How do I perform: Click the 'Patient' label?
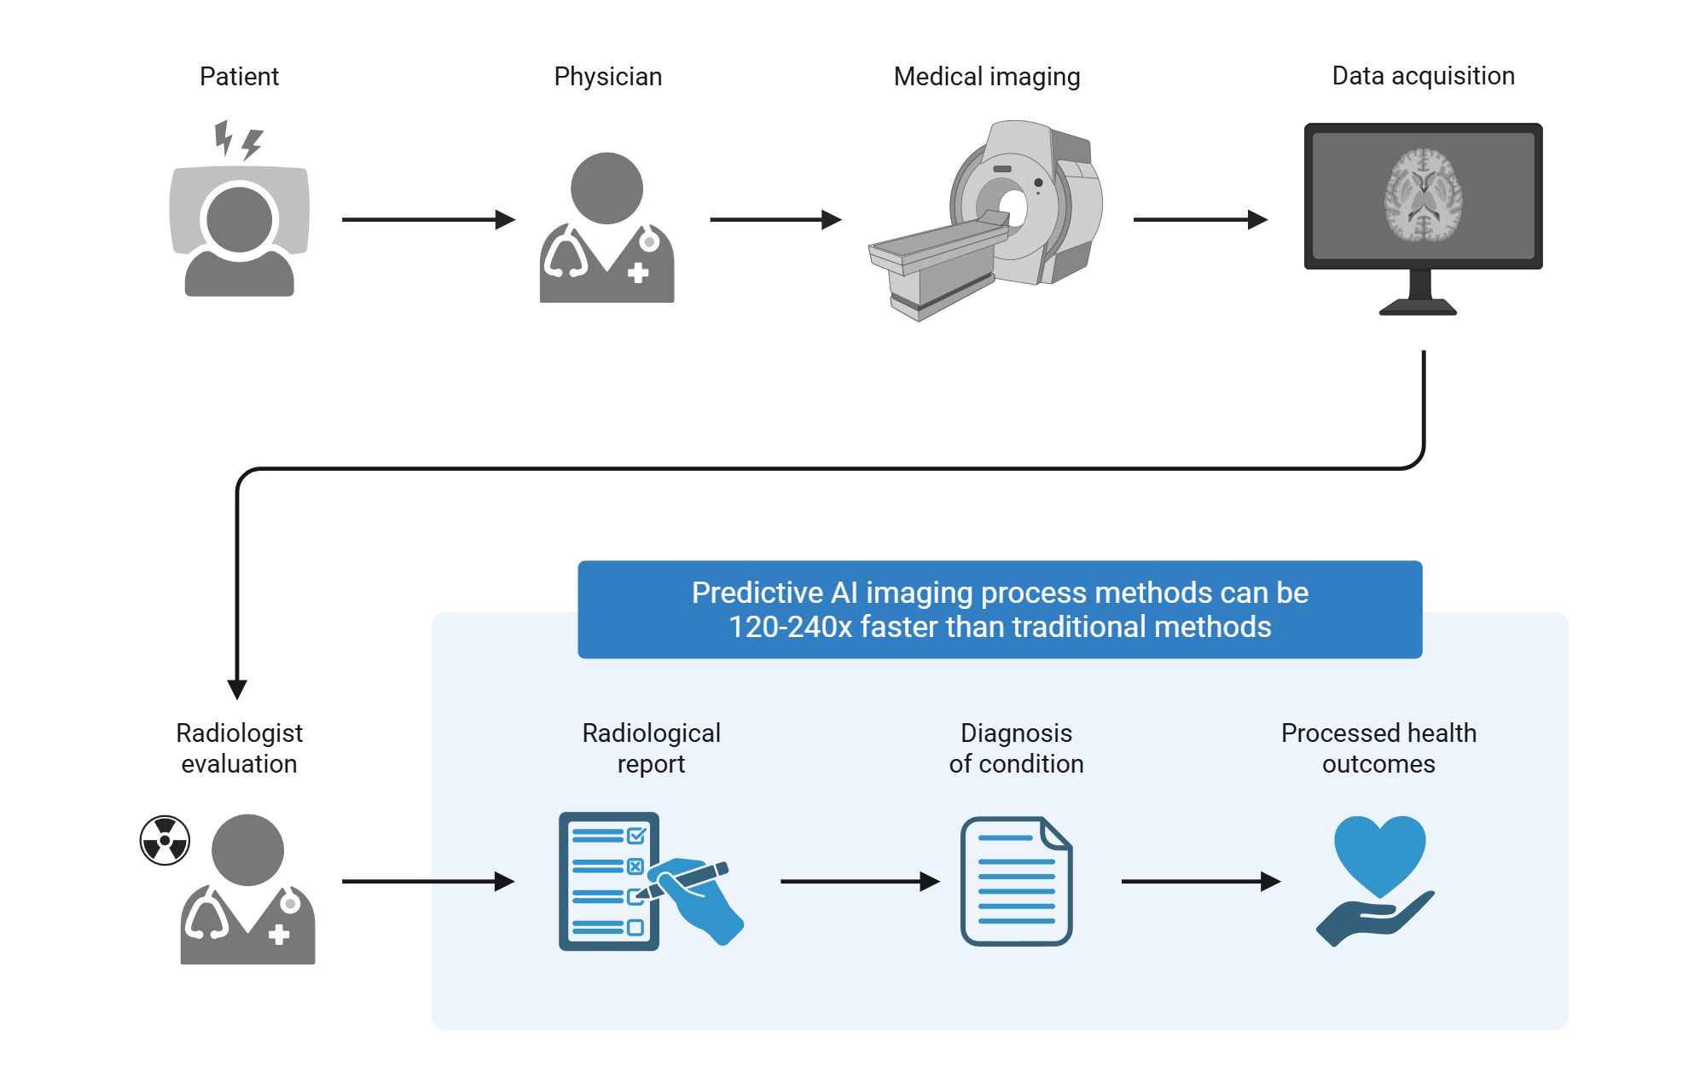[239, 77]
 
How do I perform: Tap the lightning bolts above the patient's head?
[238, 140]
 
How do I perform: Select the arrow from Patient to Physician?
[427, 220]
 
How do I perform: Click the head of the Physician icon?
[606, 188]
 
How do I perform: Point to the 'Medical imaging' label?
[987, 77]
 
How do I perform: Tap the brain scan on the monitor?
[1423, 195]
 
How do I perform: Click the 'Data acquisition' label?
[1423, 76]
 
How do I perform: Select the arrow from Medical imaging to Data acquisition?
[1199, 220]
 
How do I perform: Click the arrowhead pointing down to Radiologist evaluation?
[237, 689]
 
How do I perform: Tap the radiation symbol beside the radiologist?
[165, 840]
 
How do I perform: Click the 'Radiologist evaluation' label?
[239, 748]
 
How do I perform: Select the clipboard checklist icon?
[607, 881]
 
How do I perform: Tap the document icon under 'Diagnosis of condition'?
[1016, 881]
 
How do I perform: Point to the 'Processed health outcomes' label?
[1378, 748]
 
